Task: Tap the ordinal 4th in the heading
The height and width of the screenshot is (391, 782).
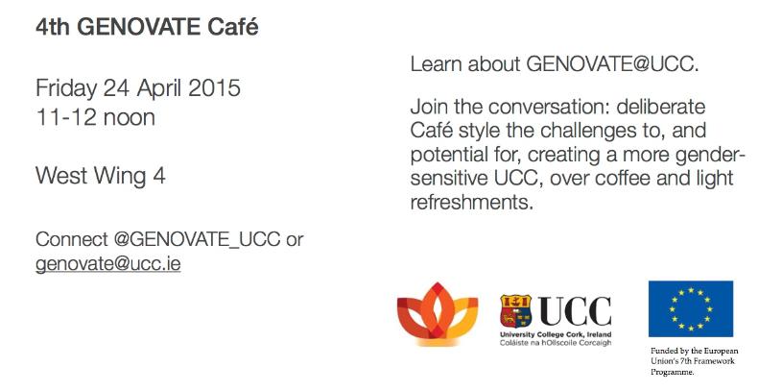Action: [x=53, y=27]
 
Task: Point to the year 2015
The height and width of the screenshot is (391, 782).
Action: [x=215, y=88]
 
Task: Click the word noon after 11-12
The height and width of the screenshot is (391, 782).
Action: [x=130, y=118]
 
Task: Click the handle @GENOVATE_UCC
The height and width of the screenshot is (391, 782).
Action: [x=197, y=240]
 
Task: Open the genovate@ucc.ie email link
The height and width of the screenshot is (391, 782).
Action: [x=107, y=264]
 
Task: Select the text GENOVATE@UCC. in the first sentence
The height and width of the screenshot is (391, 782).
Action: [x=612, y=64]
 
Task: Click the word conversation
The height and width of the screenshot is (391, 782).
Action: [x=548, y=107]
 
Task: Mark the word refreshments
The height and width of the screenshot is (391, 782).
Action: [x=472, y=203]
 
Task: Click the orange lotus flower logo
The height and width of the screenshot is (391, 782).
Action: [x=438, y=313]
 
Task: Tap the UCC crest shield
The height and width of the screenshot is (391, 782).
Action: [x=516, y=310]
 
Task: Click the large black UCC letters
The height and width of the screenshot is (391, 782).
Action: [x=575, y=310]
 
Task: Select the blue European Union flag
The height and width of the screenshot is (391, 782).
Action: [x=691, y=308]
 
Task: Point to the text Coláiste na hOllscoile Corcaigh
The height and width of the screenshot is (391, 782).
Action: [x=556, y=343]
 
